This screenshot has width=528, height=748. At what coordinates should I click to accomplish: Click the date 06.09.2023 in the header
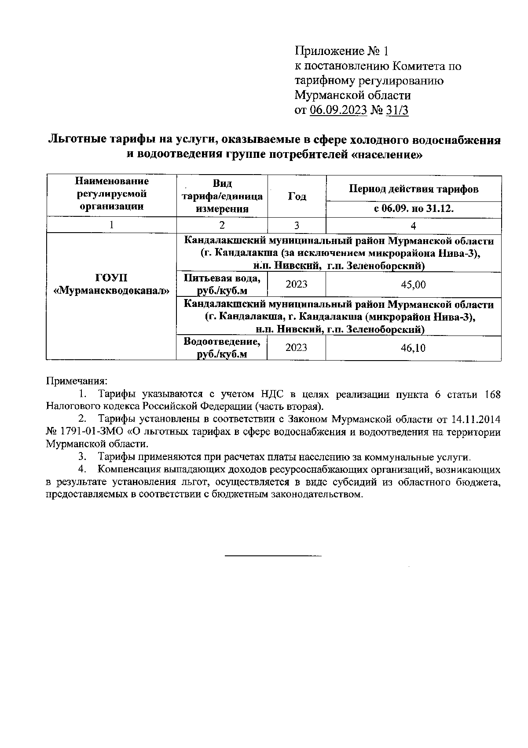tap(338, 110)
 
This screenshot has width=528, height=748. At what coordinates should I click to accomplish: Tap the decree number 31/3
tap(396, 110)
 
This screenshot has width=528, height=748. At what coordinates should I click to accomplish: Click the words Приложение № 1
tap(341, 51)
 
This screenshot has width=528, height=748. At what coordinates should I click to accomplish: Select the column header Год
tap(297, 197)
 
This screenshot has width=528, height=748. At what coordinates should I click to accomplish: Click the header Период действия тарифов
tap(414, 189)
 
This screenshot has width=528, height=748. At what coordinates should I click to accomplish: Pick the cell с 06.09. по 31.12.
tap(414, 209)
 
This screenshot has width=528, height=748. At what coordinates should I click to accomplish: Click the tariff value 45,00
tap(413, 285)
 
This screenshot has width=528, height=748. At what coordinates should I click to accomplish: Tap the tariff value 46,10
tap(413, 348)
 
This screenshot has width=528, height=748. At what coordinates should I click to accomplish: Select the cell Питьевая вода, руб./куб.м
tap(222, 285)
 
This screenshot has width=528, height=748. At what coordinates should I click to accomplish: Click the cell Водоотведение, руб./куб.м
tap(222, 348)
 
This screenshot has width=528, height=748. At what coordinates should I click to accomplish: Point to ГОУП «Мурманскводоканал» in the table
tap(111, 284)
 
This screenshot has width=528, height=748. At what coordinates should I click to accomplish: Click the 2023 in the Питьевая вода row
tap(297, 285)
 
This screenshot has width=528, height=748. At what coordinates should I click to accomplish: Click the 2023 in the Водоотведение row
tap(297, 348)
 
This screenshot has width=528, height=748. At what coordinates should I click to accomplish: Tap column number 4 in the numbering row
tap(413, 226)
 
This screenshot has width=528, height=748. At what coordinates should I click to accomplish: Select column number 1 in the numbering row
tap(111, 225)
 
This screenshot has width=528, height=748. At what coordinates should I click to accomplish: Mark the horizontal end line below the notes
tap(273, 556)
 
